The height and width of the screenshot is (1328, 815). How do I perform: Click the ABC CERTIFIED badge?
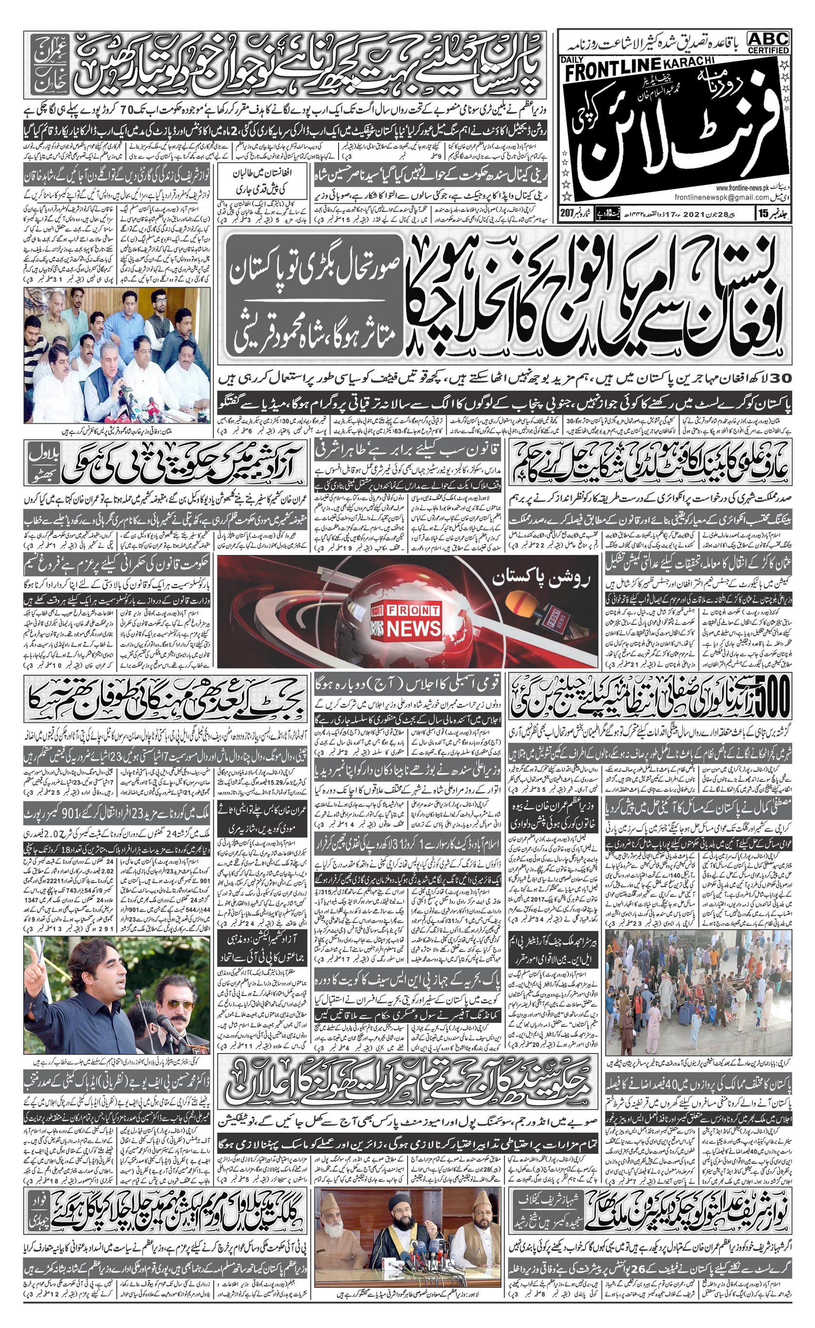coord(768,42)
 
